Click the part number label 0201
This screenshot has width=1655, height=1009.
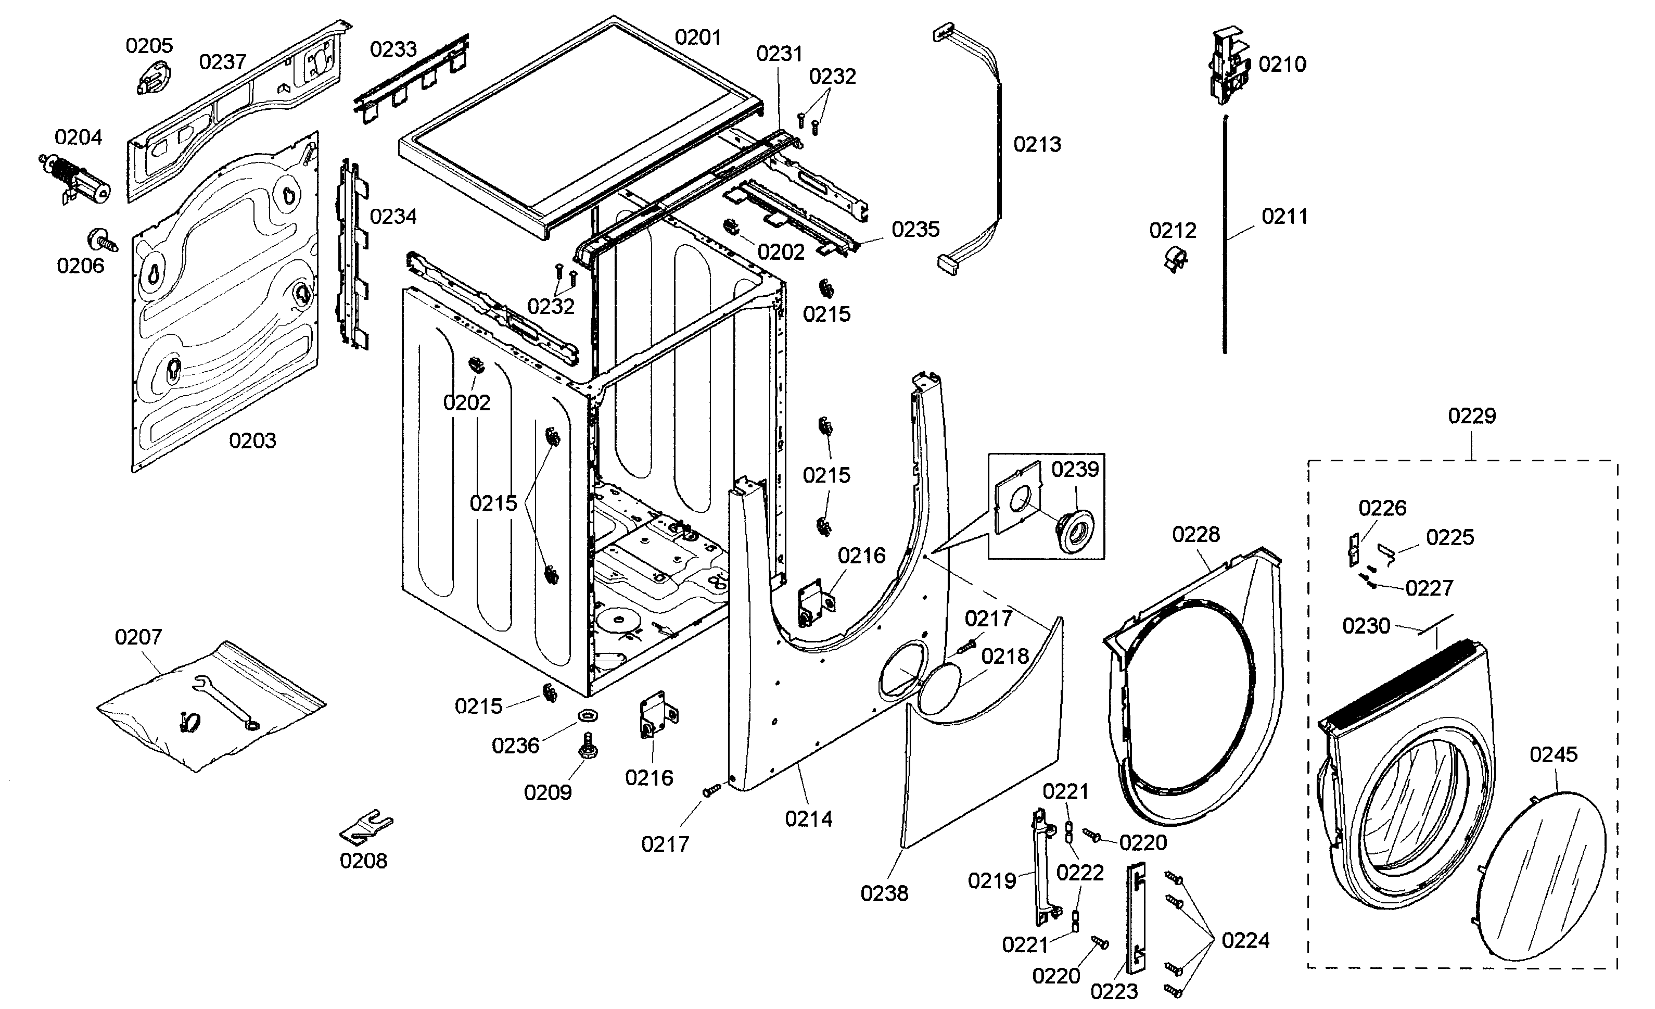tap(698, 37)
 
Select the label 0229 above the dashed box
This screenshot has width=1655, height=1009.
tap(1471, 416)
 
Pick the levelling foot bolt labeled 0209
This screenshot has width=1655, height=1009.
tap(588, 747)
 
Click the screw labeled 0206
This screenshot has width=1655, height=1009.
tap(102, 241)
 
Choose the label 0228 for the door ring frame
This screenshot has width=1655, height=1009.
tap(1195, 534)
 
